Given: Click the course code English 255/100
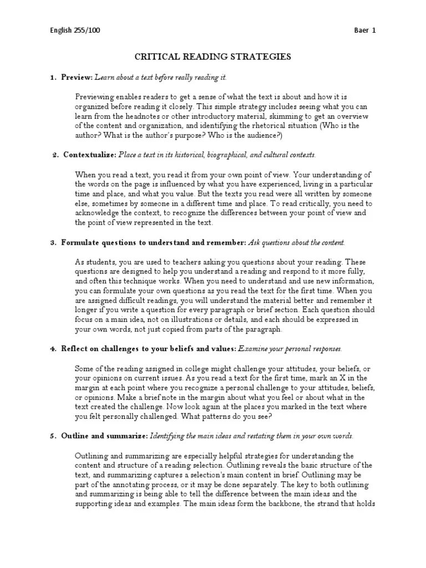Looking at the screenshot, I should pyautogui.click(x=75, y=31).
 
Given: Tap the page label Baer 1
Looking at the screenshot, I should pyautogui.click(x=364, y=31).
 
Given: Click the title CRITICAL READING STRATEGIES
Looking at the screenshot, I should pyautogui.click(x=213, y=57).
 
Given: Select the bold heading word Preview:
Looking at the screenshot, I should pyautogui.click(x=77, y=77).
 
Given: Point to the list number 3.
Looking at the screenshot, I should pyautogui.click(x=54, y=242).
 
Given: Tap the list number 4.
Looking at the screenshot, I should pyautogui.click(x=54, y=349).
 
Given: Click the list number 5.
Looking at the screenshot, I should pyautogui.click(x=54, y=436).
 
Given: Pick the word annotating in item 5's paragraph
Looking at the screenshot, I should pyautogui.click(x=129, y=485).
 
